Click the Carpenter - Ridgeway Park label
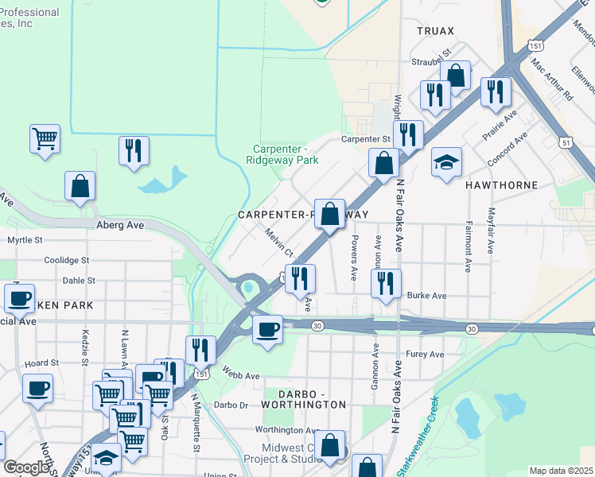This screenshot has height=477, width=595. [x=286, y=154]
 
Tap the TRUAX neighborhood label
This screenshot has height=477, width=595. [x=434, y=31]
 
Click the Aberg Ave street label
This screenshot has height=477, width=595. [x=120, y=226]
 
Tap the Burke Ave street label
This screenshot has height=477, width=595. [x=426, y=296]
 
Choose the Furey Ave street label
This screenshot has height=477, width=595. [x=423, y=355]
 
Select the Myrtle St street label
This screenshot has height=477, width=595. [x=25, y=240]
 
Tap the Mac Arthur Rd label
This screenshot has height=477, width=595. [x=552, y=78]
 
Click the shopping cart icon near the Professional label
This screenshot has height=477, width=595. [x=45, y=138]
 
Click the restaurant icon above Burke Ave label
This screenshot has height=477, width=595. [x=386, y=283]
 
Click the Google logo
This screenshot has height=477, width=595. [x=26, y=467]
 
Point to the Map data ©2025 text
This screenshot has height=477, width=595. [x=561, y=471]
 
